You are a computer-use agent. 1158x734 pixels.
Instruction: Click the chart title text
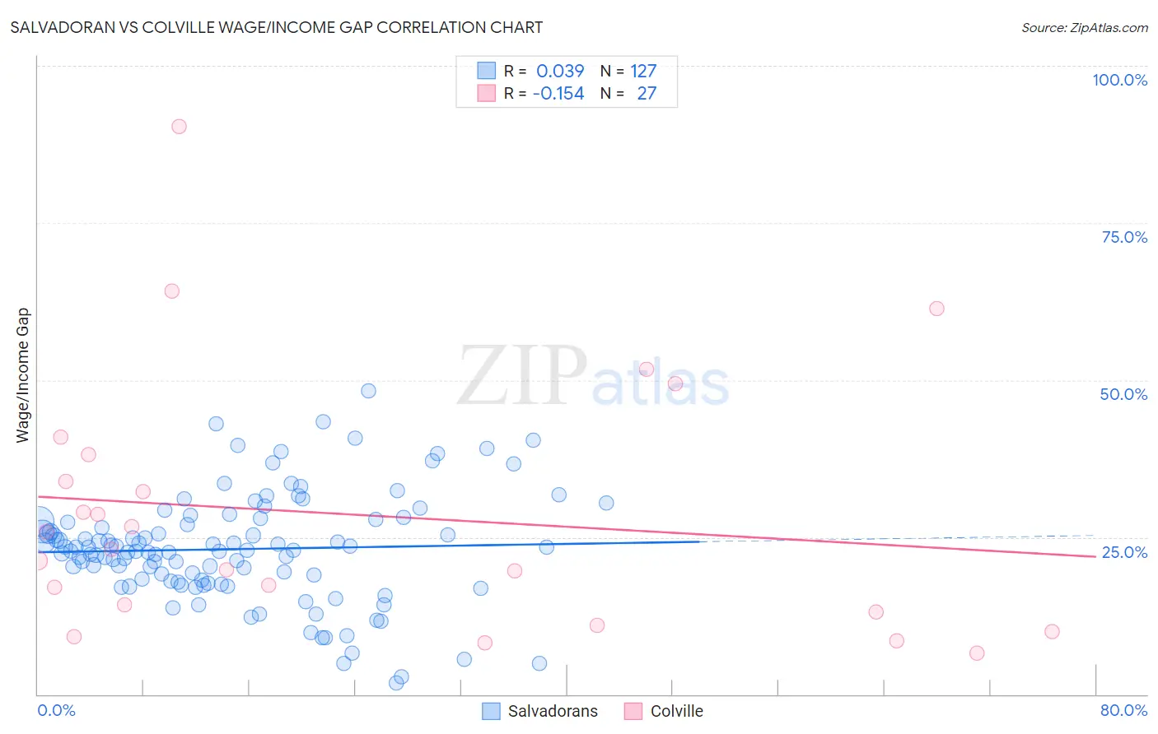tap(276, 27)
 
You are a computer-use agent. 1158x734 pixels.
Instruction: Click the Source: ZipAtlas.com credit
tap(1084, 27)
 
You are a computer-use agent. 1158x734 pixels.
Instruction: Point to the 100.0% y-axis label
tap(1119, 80)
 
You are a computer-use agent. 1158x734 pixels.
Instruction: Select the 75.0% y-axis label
tap(1123, 237)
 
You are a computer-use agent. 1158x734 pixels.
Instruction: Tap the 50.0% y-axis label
tap(1123, 394)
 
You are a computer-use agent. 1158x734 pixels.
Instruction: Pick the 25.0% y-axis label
tap(1123, 552)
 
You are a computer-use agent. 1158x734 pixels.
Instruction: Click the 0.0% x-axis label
tap(56, 710)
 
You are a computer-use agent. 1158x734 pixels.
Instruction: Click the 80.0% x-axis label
tap(1123, 710)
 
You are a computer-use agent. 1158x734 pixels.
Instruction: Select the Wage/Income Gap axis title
tap(22, 375)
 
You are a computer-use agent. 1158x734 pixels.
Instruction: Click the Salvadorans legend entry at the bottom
tap(540, 711)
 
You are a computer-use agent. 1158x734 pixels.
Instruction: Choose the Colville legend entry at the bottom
tap(664, 711)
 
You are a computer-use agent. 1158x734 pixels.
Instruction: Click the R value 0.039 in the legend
tap(560, 71)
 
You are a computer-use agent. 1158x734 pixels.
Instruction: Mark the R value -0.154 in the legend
tap(558, 93)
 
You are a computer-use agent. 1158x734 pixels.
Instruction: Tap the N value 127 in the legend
tap(643, 71)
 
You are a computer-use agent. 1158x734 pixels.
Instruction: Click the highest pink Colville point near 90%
tap(179, 126)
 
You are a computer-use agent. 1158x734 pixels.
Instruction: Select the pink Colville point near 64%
tap(171, 290)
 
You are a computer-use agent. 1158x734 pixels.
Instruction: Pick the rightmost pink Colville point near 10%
tap(1052, 631)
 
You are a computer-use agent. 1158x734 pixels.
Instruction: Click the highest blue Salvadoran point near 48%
tap(368, 391)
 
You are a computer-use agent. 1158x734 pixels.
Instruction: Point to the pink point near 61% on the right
tap(936, 309)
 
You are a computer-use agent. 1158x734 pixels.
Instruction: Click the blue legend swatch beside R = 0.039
tap(487, 71)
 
